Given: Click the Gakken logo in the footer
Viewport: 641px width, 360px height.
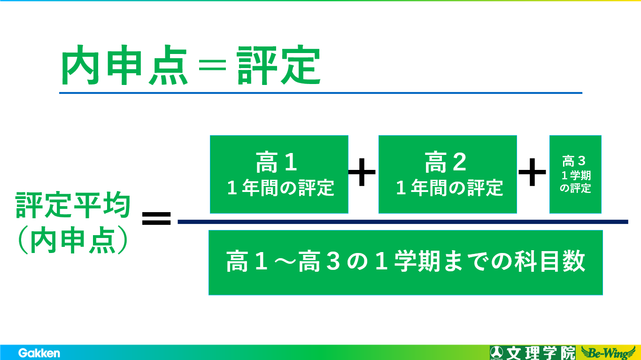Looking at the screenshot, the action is click(39, 353).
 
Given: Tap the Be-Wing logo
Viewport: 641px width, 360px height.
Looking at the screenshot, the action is click(609, 353).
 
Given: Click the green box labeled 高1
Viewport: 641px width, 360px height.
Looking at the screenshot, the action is click(279, 175).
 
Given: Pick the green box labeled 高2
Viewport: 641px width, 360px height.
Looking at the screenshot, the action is click(448, 175).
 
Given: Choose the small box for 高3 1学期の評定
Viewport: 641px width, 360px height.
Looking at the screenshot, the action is click(575, 175).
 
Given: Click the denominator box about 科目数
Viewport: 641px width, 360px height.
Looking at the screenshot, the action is click(405, 262).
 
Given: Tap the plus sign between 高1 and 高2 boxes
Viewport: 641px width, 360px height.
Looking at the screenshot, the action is click(362, 172).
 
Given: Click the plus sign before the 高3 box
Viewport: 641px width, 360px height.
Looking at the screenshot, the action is click(532, 172).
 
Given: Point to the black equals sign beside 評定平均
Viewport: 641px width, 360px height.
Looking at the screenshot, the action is click(156, 218).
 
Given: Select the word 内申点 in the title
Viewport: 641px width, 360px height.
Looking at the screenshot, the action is click(124, 65).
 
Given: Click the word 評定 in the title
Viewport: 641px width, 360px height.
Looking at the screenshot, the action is click(279, 65).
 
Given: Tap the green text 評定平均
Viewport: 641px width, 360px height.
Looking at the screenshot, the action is click(73, 205).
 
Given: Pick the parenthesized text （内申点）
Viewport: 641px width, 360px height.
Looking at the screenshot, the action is click(73, 240).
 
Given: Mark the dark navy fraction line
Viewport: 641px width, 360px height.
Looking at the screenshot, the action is click(403, 222).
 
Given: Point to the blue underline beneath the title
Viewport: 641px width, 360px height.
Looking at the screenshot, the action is click(321, 93).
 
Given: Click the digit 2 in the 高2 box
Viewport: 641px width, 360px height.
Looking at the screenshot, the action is click(459, 162).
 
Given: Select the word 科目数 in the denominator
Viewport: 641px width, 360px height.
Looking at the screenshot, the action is click(550, 261).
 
